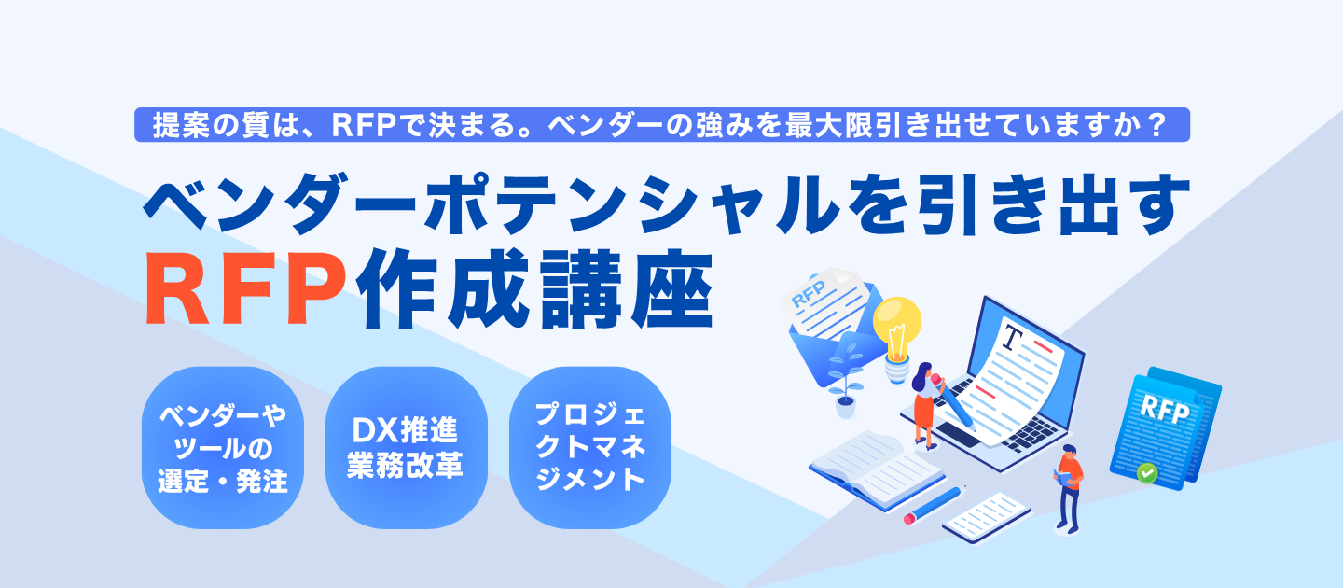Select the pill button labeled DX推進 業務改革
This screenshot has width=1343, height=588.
click(406, 448)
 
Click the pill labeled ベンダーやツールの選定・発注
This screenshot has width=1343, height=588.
click(223, 448)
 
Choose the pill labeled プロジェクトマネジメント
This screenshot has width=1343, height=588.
click(589, 448)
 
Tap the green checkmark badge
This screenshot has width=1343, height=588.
click(1147, 473)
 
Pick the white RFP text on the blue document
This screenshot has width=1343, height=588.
click(1163, 411)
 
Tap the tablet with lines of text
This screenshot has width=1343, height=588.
click(986, 516)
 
